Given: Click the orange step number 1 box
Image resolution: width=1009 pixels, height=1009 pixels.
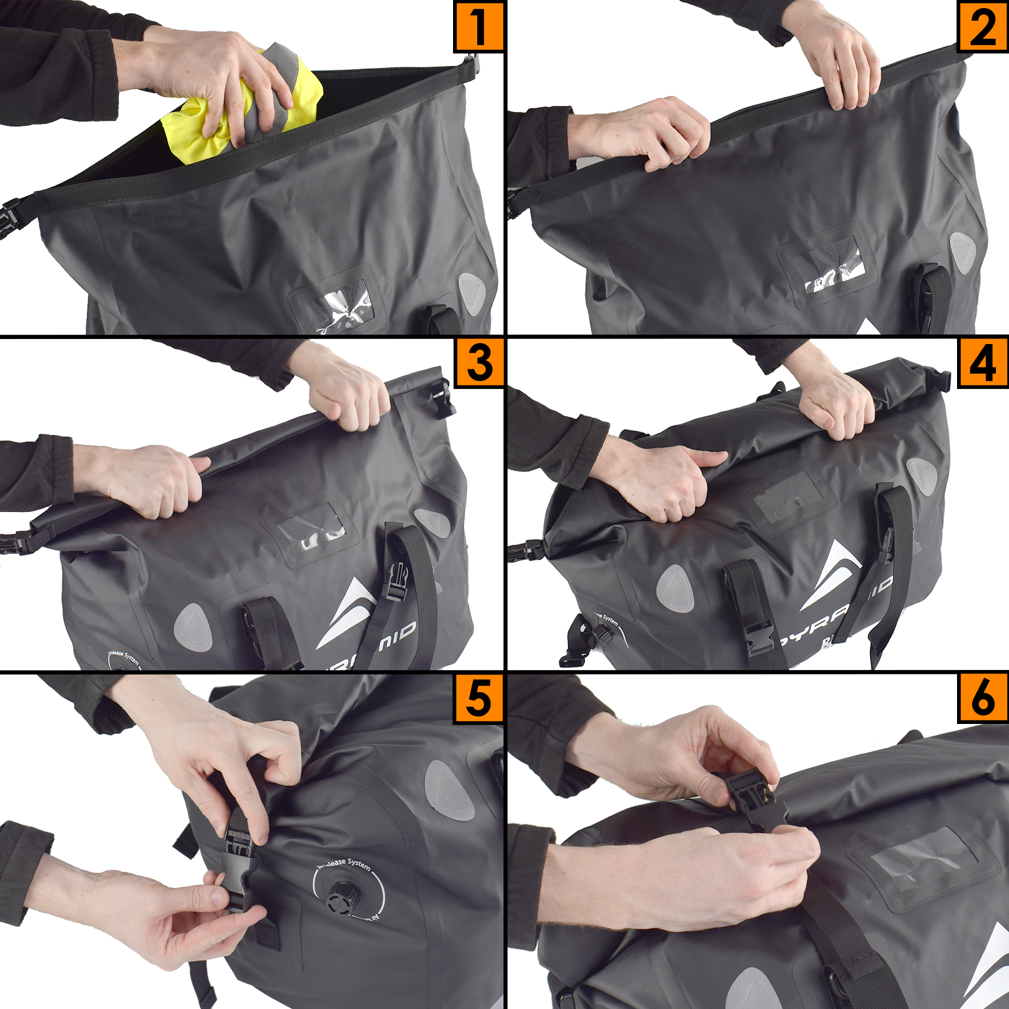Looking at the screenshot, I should pos(478,26).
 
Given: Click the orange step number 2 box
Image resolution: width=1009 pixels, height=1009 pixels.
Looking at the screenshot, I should pos(982,26).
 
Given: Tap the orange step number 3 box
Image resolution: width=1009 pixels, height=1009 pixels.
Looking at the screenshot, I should pos(478,363).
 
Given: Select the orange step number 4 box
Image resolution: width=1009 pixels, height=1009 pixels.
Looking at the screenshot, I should pos(982,363).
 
